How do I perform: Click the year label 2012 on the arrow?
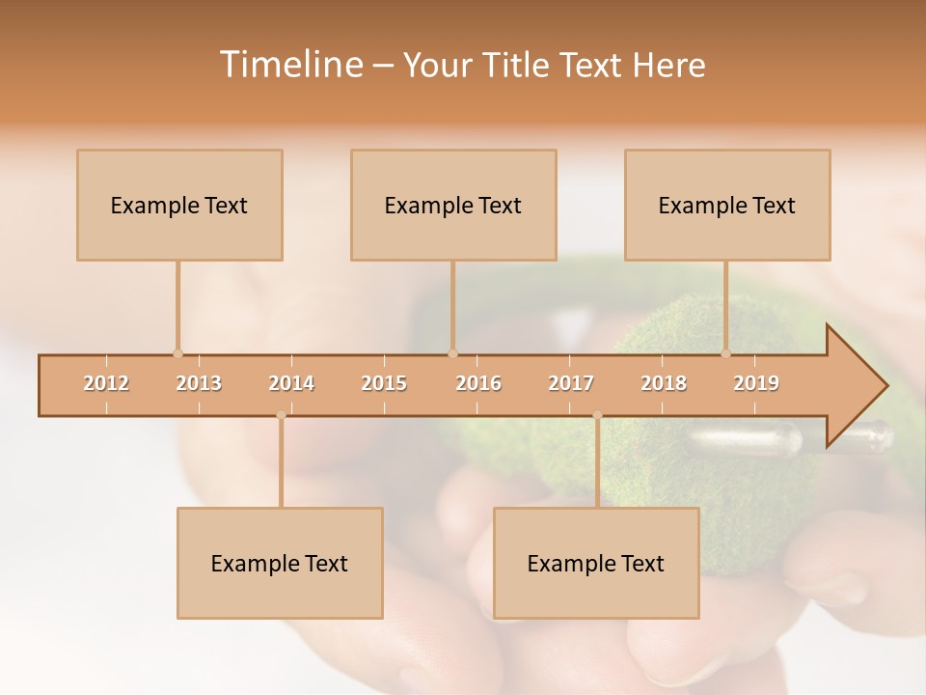[106, 383]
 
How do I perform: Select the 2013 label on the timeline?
[199, 383]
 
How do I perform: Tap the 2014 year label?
[291, 383]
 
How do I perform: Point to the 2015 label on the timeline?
[384, 383]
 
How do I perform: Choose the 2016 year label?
[478, 383]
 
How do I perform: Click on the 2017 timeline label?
[571, 383]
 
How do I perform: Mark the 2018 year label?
[664, 383]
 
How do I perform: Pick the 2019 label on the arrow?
[756, 383]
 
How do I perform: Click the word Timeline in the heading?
[290, 65]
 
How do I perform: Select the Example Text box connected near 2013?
[179, 205]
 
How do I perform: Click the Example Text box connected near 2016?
[453, 205]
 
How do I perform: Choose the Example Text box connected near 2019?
[727, 205]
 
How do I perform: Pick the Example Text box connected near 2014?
[280, 563]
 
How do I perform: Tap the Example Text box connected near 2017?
[596, 563]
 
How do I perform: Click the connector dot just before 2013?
[177, 353]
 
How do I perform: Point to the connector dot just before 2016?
[452, 353]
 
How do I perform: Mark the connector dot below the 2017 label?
[597, 416]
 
